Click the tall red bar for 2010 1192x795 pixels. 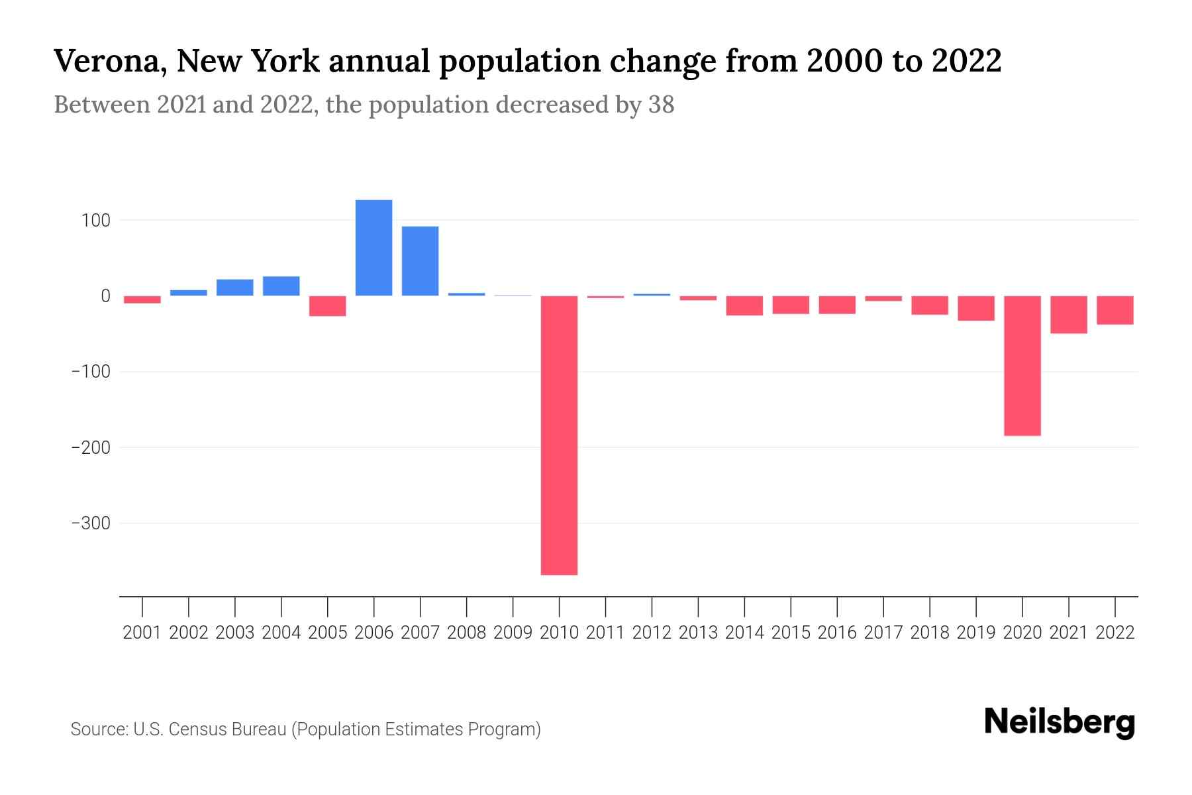tap(559, 435)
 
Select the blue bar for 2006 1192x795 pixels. tap(373, 248)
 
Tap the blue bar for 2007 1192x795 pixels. tap(420, 261)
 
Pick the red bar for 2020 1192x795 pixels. tap(1022, 366)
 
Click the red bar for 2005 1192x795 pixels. tap(327, 306)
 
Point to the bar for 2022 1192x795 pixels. tap(1115, 310)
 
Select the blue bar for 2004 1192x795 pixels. tap(281, 286)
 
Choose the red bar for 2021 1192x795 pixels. tap(1068, 315)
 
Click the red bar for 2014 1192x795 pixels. tap(744, 305)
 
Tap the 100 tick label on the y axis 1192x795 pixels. tap(95, 221)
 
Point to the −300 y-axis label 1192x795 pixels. tap(91, 524)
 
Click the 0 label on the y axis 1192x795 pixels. tap(105, 296)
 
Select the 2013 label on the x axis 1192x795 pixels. tap(698, 633)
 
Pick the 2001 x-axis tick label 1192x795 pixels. tap(142, 633)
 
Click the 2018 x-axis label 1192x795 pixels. tap(929, 633)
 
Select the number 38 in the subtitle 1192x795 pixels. tap(661, 105)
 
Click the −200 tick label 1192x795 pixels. tap(91, 449)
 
